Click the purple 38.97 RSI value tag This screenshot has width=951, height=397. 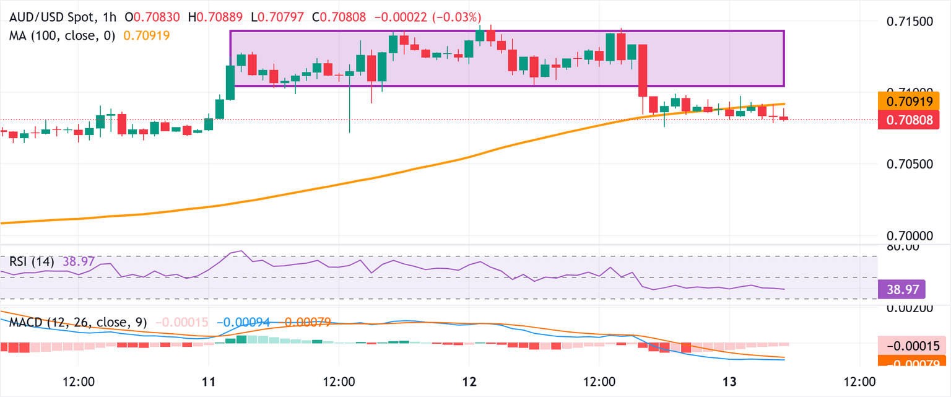[x=901, y=289]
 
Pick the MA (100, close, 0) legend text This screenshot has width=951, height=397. [x=62, y=36]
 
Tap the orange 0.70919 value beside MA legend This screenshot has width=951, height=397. [x=147, y=36]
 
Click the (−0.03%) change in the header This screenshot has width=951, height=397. [x=458, y=17]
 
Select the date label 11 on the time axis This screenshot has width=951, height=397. [x=209, y=380]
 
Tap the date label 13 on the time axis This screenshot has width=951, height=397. [x=729, y=380]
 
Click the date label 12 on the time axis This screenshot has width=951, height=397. [x=469, y=380]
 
